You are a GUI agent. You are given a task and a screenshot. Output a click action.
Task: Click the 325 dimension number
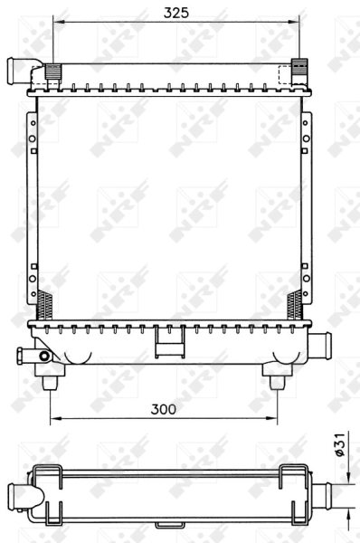point(176,12)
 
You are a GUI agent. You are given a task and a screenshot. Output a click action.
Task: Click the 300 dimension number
point(162,409)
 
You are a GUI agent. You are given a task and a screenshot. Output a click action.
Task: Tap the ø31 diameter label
point(341,445)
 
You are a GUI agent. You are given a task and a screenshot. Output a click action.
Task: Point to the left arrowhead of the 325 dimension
point(57,22)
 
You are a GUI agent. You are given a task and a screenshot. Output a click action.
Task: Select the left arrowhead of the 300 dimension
point(52,419)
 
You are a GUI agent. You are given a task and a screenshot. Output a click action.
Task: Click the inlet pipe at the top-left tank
point(20,68)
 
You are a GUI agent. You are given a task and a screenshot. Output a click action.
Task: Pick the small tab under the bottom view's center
point(168,524)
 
